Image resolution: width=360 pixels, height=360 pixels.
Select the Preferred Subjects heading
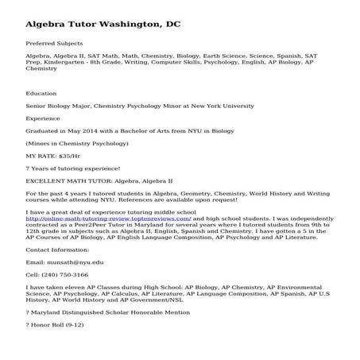54,43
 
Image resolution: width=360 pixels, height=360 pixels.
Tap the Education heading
43,94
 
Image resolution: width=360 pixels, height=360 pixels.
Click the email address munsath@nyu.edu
76,261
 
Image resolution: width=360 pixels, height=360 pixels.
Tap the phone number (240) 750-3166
68,274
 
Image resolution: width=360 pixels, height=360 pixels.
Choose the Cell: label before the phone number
34,274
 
